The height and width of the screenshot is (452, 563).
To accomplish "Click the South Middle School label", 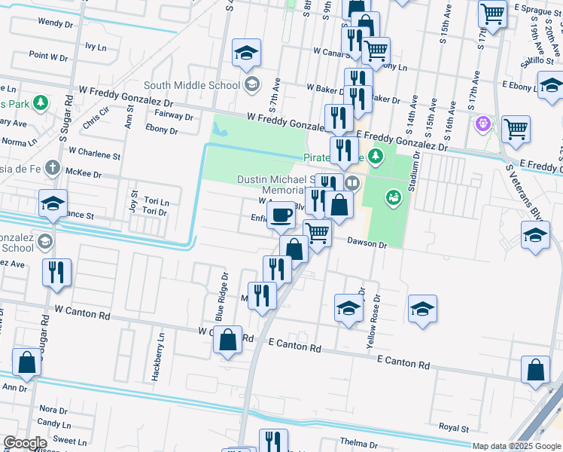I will (x=191, y=85).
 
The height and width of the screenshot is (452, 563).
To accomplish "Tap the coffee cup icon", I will (x=281, y=215).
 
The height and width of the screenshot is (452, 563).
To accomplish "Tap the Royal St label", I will (x=454, y=427).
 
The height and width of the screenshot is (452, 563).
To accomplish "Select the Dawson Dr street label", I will (x=367, y=245).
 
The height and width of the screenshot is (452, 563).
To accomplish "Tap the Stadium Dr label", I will (x=415, y=174).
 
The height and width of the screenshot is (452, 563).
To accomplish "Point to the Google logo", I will (x=25, y=443).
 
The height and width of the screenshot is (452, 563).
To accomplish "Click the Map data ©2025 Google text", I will (x=516, y=446).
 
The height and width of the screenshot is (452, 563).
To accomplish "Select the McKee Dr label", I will (x=84, y=173).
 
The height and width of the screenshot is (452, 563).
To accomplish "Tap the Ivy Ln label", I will (x=96, y=46).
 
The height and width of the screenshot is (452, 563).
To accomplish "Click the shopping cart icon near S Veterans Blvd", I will (x=516, y=129).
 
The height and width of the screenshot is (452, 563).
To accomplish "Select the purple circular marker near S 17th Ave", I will (x=482, y=123).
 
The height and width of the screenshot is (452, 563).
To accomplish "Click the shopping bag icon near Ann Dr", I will (x=27, y=362).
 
